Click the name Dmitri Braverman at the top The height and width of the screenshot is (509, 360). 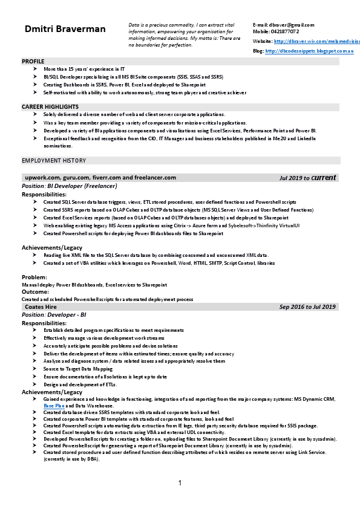65,29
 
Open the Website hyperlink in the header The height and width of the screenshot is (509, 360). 313,41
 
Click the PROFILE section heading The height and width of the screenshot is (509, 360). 33,62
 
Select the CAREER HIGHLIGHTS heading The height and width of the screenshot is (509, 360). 50,106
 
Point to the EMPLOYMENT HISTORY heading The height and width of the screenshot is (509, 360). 54,161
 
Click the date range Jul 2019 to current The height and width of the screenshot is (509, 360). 307,178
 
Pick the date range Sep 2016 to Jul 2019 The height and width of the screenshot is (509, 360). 307,307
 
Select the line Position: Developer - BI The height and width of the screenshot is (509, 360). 54,315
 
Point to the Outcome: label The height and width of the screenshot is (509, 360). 36,291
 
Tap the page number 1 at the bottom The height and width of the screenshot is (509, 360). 180,482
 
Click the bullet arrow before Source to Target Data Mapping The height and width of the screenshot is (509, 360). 36,368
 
